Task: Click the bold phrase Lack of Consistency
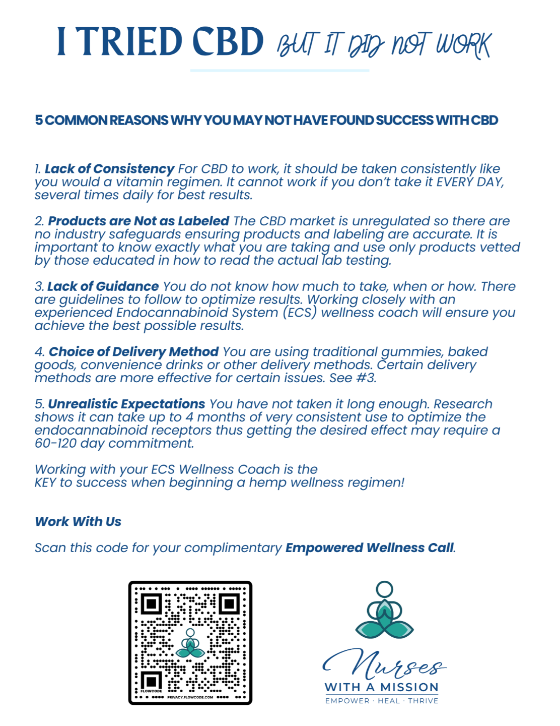(x=109, y=168)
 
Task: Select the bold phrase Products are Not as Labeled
(x=138, y=221)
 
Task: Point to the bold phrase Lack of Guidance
(x=103, y=286)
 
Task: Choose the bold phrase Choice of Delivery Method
(x=133, y=351)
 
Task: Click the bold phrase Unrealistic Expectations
(x=126, y=404)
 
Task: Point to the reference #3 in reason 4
(x=366, y=378)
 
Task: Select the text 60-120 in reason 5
(x=54, y=443)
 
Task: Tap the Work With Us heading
(x=78, y=521)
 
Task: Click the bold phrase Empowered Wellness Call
(x=369, y=548)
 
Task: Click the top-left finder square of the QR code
(x=151, y=603)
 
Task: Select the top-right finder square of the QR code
(x=229, y=603)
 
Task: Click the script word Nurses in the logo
(x=385, y=665)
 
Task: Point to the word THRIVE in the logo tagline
(x=423, y=701)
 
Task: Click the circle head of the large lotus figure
(x=384, y=589)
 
